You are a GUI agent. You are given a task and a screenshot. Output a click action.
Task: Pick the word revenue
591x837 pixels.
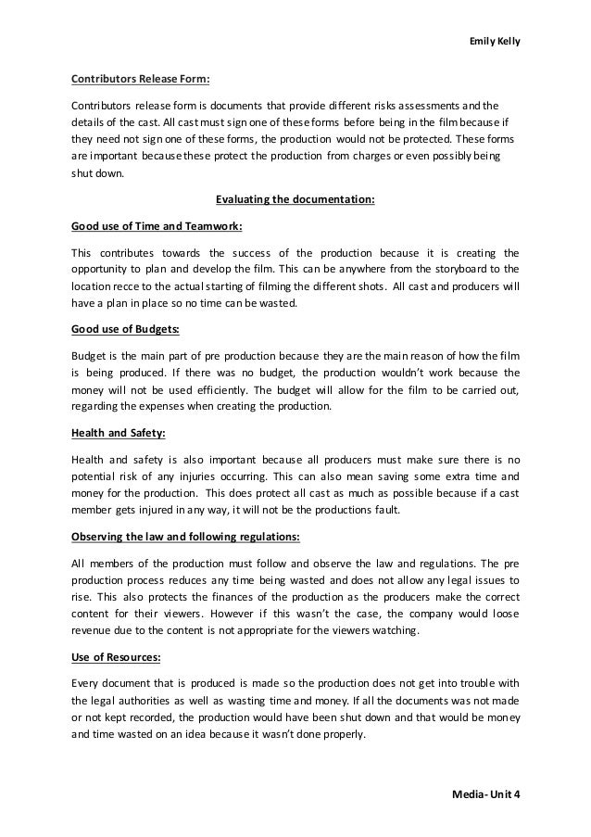pyautogui.click(x=95, y=631)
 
